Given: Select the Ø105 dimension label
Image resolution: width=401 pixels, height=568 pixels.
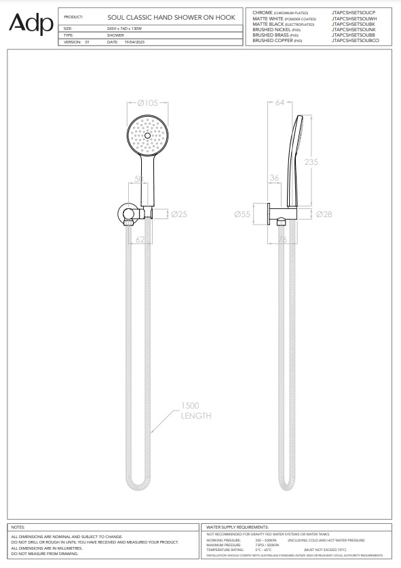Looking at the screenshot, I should tap(147, 103).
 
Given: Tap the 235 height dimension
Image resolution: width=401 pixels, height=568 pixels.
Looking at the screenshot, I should tap(310, 162).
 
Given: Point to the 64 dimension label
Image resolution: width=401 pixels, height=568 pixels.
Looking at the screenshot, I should tap(280, 103).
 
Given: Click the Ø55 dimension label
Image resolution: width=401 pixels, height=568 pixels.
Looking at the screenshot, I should tap(242, 214).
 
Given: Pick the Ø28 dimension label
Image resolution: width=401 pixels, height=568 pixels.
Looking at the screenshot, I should tap(325, 214).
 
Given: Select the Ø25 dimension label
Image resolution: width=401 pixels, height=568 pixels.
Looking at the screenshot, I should tap(178, 214).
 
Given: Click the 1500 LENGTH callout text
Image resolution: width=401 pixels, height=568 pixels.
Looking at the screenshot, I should tap(195, 411).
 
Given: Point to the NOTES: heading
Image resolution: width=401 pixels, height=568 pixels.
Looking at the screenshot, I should tap(19, 527).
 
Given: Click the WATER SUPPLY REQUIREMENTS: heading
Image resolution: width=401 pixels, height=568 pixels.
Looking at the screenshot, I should tap(238, 527).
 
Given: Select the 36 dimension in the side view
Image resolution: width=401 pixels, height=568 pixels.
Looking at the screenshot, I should tap(274, 178).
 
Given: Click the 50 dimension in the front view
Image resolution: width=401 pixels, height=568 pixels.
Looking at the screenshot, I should tap(139, 178).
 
